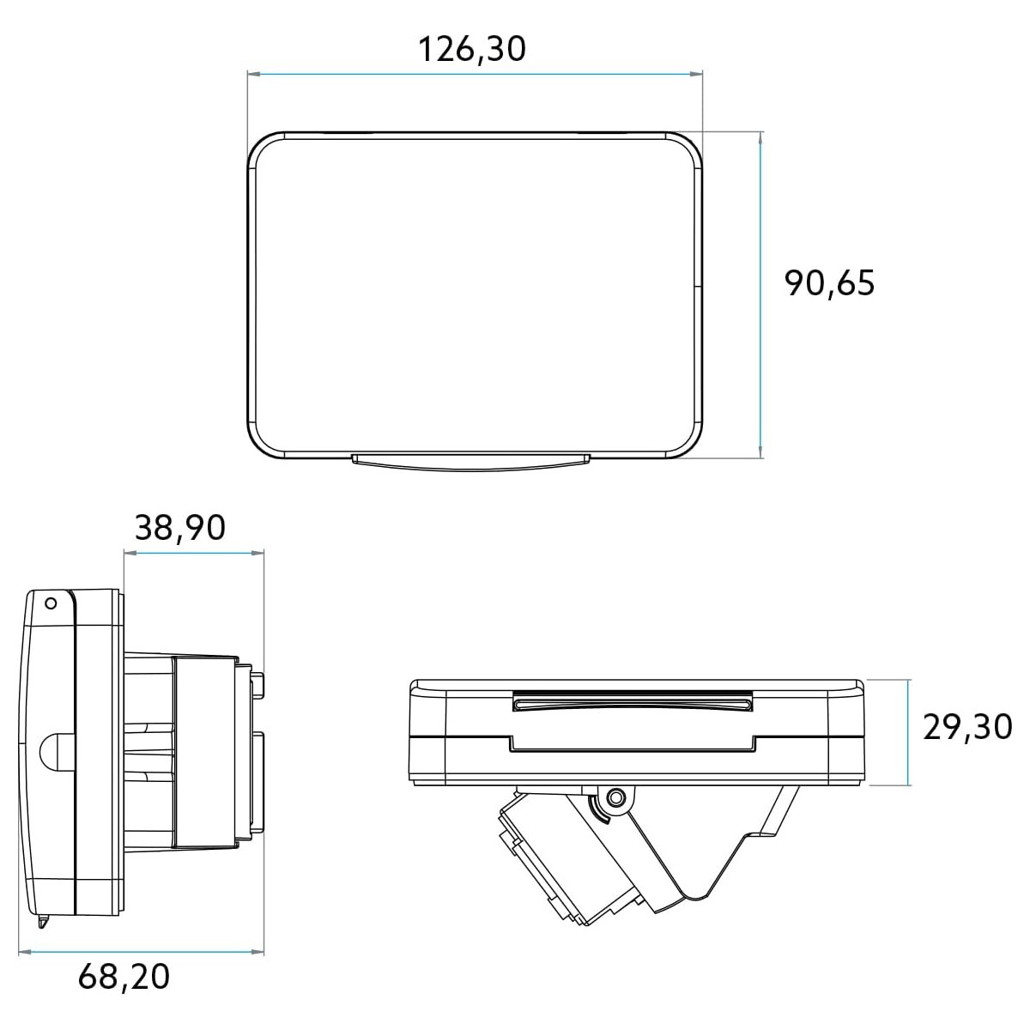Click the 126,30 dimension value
coord(472,49)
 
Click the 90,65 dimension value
coord(829,282)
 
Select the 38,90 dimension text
coord(180,528)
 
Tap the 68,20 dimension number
coord(124,976)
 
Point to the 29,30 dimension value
coord(967,728)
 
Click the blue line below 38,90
coord(194,553)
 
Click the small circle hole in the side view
coord(50,603)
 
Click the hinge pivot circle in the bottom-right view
coord(614,798)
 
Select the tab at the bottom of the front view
coord(471,463)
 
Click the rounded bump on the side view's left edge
coord(48,752)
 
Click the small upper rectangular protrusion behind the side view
coord(257,683)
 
